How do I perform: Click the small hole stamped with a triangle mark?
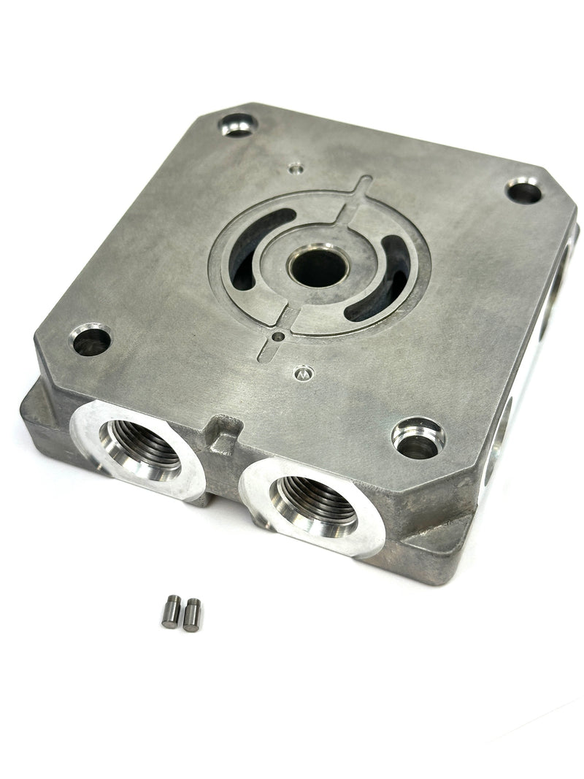click(301, 373)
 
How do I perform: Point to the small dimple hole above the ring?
click(295, 168)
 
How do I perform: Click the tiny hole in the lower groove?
click(278, 337)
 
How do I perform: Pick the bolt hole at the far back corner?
click(239, 125)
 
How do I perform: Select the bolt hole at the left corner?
click(91, 340)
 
